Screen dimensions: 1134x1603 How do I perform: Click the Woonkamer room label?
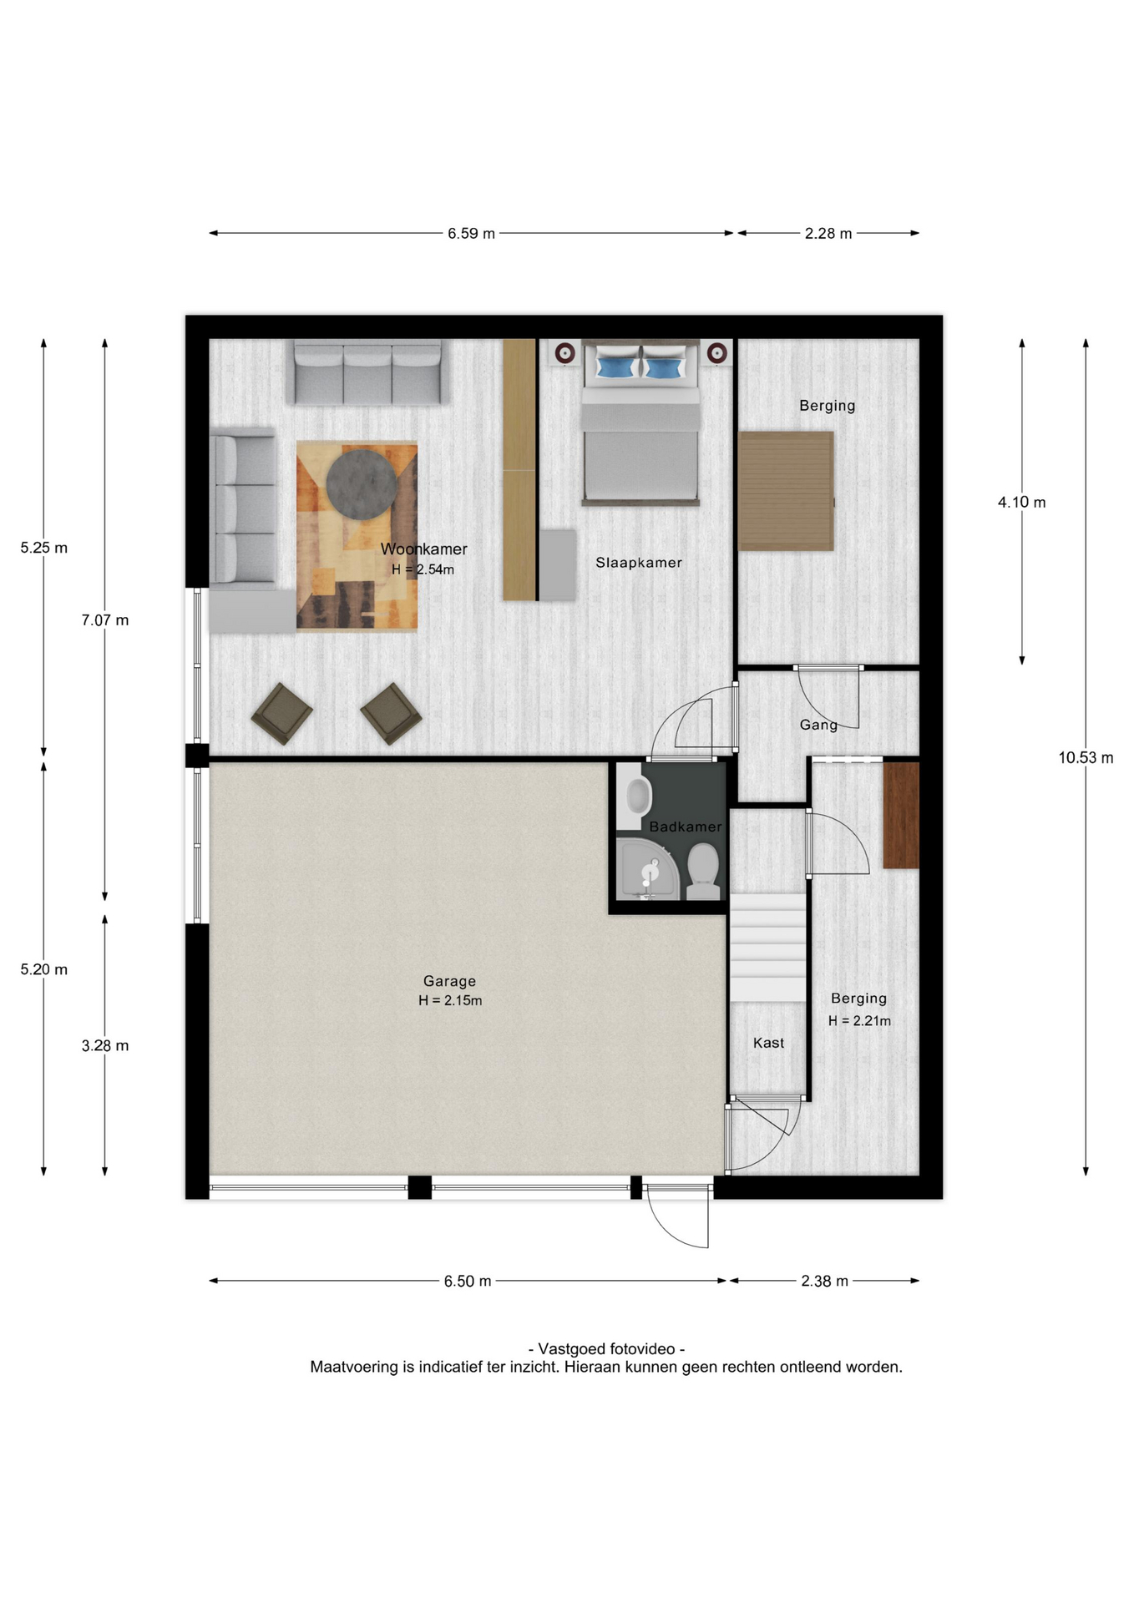click(423, 549)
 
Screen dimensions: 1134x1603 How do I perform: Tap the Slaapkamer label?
click(639, 563)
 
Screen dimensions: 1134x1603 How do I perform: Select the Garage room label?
click(449, 981)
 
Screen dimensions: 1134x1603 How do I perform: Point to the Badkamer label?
click(686, 827)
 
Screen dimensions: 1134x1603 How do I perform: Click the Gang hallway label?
click(818, 725)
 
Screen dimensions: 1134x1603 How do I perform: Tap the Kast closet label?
click(768, 1043)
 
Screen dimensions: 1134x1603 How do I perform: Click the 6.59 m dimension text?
click(471, 234)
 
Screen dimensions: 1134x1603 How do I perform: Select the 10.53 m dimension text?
click(1086, 758)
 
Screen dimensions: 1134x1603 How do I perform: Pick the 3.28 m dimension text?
click(105, 1046)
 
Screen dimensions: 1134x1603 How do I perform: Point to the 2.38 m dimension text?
click(824, 1282)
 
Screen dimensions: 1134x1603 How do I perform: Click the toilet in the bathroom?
click(703, 872)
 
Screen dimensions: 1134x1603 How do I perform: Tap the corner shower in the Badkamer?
click(648, 870)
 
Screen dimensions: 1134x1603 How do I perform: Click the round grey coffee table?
click(362, 484)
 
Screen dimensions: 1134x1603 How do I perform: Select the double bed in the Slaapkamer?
click(640, 423)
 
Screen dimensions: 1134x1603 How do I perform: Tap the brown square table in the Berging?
click(786, 491)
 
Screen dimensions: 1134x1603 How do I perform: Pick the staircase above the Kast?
click(768, 948)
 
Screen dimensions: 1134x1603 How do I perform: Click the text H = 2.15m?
click(450, 1000)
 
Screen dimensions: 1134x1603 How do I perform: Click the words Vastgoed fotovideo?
click(607, 1348)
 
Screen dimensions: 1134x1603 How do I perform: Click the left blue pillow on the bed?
click(614, 367)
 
